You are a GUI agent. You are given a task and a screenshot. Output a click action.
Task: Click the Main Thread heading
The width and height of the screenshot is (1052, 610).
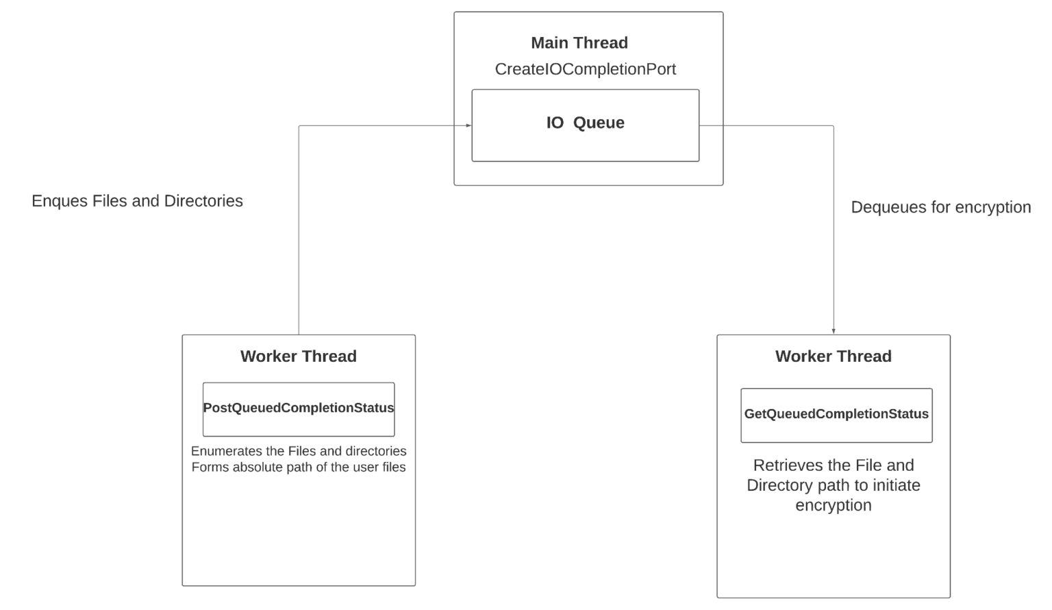[579, 43]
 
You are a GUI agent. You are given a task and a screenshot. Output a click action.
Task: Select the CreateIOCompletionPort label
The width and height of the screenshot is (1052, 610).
[586, 69]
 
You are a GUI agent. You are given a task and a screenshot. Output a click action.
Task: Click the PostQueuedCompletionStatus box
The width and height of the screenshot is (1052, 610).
[299, 409]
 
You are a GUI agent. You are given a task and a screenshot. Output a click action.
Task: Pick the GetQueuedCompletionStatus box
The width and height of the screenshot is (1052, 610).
[836, 415]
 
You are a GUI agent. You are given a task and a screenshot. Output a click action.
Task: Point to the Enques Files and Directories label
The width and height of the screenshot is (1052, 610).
[137, 201]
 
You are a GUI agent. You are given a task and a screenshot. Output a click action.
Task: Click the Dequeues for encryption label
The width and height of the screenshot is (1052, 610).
[940, 207]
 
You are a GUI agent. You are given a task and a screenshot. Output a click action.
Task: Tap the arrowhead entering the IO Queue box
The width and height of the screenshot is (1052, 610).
[468, 125]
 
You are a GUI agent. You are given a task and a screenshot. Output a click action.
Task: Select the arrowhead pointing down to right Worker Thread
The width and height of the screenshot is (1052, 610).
[834, 331]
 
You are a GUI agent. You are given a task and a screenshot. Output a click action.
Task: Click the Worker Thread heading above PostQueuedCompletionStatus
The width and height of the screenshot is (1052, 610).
[299, 356]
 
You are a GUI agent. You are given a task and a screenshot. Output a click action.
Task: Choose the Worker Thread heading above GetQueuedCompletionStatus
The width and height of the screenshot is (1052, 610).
[834, 356]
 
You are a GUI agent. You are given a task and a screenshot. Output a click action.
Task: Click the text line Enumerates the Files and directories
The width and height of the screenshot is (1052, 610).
[299, 451]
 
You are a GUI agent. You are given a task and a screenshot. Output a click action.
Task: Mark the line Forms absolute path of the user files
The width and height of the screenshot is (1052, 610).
[299, 467]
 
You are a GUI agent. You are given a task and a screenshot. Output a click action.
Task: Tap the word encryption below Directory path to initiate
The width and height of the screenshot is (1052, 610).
[834, 505]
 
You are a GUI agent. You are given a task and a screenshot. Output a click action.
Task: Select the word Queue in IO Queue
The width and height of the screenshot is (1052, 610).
[599, 123]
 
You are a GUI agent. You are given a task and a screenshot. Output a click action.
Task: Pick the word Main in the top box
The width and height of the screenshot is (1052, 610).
[549, 43]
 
